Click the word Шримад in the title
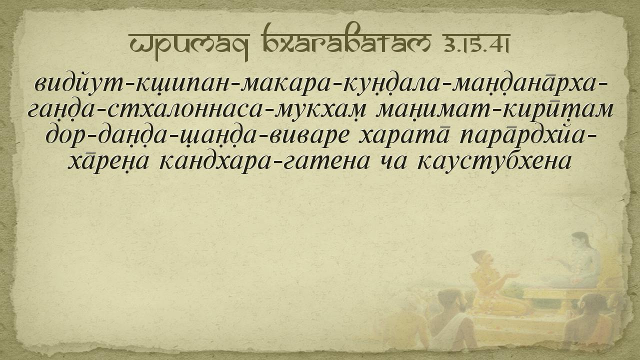[x=189, y=45]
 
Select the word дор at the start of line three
[x=66, y=134]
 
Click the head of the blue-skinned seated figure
[x=580, y=242]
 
